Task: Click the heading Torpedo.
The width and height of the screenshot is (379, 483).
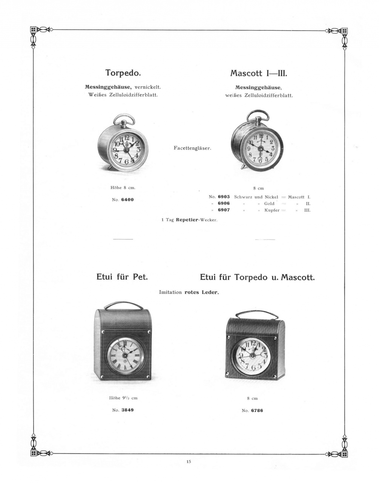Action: (x=123, y=72)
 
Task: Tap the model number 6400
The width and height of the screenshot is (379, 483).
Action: (x=127, y=200)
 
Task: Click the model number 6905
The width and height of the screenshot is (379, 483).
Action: (x=224, y=197)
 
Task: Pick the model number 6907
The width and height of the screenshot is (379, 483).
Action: (x=224, y=210)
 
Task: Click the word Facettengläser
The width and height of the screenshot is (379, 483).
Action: (x=192, y=148)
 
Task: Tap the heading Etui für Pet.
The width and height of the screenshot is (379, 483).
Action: (x=122, y=277)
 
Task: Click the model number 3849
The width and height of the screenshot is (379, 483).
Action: (x=127, y=410)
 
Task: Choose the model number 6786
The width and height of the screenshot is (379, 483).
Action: (x=257, y=410)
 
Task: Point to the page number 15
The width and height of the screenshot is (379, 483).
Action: (x=189, y=461)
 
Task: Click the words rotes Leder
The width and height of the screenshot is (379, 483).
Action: (x=201, y=292)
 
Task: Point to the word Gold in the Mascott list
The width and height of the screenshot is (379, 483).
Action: (x=269, y=203)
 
